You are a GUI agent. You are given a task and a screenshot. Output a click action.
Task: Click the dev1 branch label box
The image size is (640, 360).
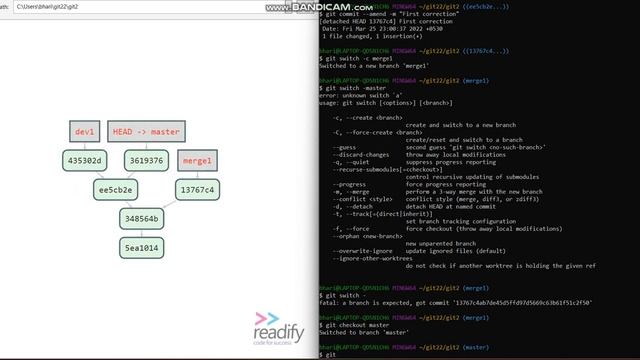pyautogui.click(x=85, y=132)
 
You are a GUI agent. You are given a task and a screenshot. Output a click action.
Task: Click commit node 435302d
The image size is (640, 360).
pyautogui.click(x=85, y=160)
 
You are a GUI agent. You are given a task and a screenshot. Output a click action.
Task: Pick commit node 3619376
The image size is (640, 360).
pyautogui.click(x=145, y=160)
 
